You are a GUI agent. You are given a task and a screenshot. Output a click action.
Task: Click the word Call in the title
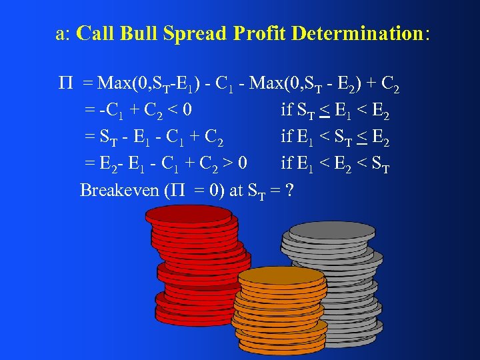click(x=94, y=34)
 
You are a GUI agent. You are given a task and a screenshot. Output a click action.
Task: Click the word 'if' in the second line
click(x=287, y=111)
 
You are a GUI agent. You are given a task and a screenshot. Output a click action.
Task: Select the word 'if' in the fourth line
click(x=287, y=163)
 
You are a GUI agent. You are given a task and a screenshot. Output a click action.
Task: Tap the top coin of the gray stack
click(x=323, y=231)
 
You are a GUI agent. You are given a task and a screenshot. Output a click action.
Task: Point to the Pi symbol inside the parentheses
click(x=175, y=190)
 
